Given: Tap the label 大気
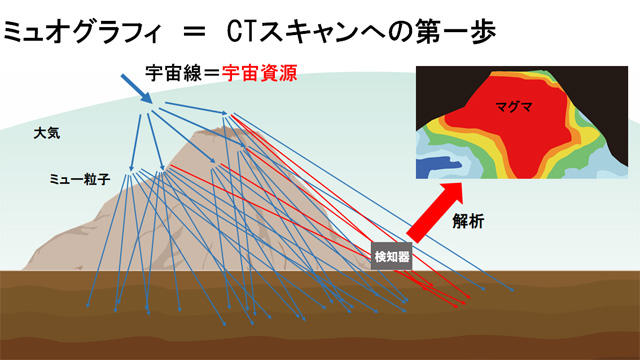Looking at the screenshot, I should click(46, 132).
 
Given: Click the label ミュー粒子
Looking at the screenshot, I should click(79, 179).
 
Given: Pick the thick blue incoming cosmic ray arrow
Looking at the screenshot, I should click(140, 90).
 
